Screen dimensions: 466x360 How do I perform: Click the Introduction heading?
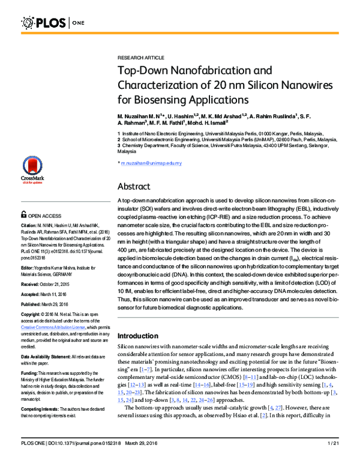[x=142, y=335]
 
